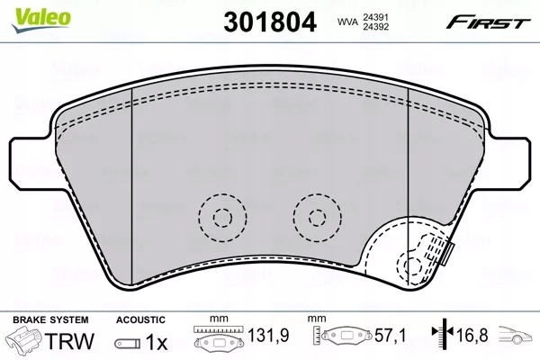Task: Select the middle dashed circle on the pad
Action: (316, 216)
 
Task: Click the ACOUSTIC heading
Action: (140, 319)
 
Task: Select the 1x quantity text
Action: (156, 343)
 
